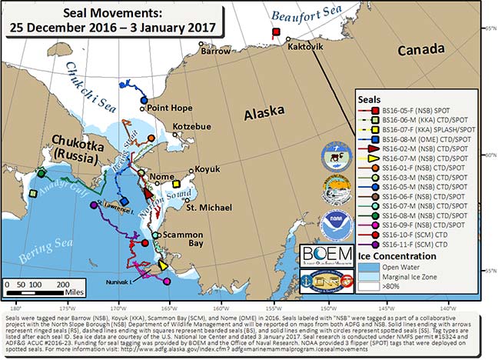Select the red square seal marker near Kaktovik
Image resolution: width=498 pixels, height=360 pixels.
point(275,32)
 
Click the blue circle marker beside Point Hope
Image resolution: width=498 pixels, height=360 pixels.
point(143,99)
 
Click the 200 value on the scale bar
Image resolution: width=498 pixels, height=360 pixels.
point(60,285)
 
